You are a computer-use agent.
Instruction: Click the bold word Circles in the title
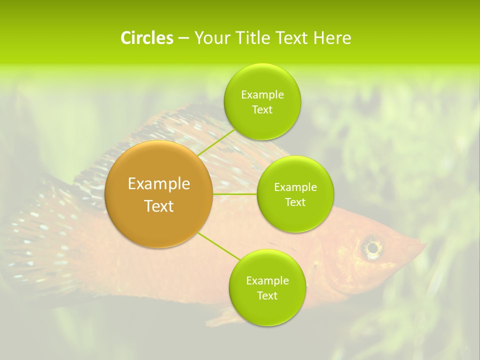pos(146,38)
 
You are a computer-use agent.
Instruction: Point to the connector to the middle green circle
pos(235,193)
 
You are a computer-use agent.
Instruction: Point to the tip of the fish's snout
pos(425,245)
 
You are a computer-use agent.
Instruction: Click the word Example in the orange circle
pos(159,184)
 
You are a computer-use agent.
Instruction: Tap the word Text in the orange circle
pos(159,206)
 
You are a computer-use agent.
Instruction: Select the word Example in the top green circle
pos(262,95)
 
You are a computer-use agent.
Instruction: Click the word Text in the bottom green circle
pos(267,295)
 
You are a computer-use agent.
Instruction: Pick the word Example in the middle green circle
pos(295,187)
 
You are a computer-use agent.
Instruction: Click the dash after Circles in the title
pos(183,38)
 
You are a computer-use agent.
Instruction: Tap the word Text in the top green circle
pos(262,110)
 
